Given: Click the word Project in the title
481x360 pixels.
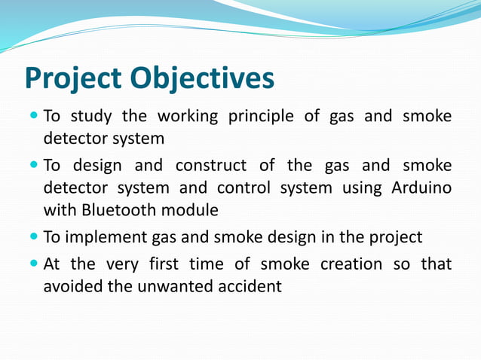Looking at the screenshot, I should click(x=72, y=79).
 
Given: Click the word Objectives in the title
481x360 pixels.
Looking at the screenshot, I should click(x=200, y=78).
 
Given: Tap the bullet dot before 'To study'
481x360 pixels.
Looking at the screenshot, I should click(x=34, y=117).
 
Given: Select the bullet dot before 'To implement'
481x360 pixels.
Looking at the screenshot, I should click(x=34, y=237).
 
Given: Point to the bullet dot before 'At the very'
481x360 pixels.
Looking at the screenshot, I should click(x=34, y=264).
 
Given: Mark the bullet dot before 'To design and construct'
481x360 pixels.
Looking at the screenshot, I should click(x=34, y=165).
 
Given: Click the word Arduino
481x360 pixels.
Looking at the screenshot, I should click(x=422, y=187).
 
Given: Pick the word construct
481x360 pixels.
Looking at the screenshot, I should click(x=212, y=165).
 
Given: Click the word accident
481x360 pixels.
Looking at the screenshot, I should click(x=247, y=287).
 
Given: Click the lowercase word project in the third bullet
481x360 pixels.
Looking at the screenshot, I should click(x=396, y=238).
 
